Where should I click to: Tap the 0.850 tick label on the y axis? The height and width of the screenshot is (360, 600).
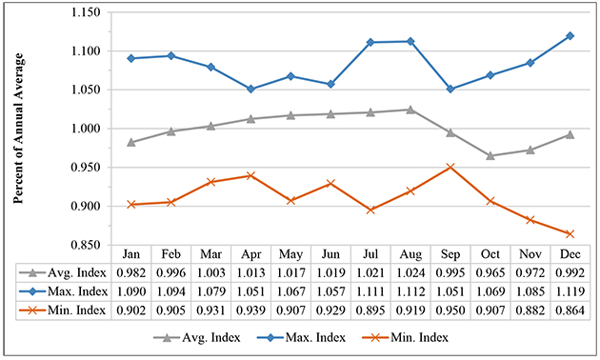(x=93, y=245)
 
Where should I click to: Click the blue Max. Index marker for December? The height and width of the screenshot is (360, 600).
(x=569, y=36)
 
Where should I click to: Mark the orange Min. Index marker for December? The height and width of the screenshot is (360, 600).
(x=569, y=233)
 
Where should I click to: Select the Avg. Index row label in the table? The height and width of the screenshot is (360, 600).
(x=76, y=274)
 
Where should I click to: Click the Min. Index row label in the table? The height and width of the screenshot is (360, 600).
(x=76, y=310)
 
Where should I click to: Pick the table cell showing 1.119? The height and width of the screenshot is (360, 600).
(x=569, y=292)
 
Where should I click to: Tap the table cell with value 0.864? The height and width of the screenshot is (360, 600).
(x=569, y=310)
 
